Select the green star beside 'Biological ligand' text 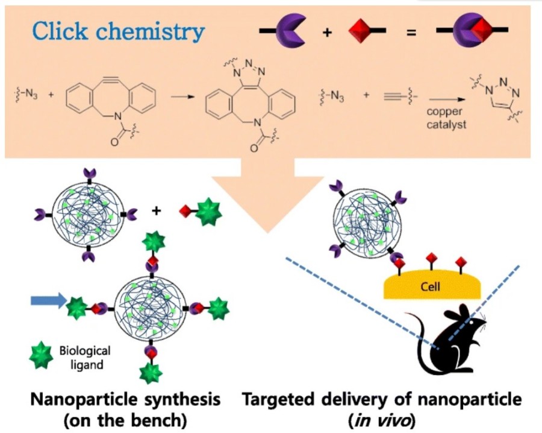coord(43,357)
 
